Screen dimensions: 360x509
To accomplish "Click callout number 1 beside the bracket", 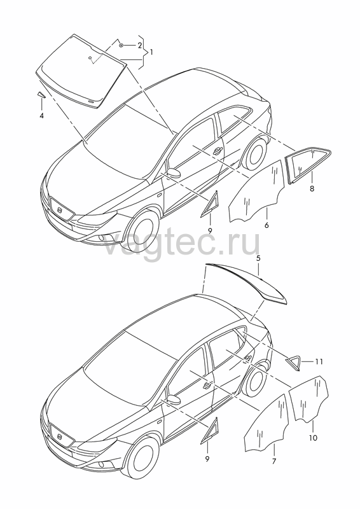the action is click(151, 52).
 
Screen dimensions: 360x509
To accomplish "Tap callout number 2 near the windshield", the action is click(139, 45).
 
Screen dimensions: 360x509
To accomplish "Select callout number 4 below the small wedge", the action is click(41, 115).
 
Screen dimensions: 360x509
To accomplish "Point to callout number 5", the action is click(258, 258).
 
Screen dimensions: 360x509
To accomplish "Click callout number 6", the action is click(267, 225).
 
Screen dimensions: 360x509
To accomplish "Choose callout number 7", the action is click(274, 461).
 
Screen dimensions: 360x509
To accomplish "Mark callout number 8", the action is click(312, 188).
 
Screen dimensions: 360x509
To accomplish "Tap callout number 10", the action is click(313, 438).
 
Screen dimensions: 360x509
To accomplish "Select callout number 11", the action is click(319, 361).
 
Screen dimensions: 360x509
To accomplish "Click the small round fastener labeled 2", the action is click(121, 45).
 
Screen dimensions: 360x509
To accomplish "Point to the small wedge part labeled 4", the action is click(41, 94).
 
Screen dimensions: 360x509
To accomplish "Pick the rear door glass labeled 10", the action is click(309, 400).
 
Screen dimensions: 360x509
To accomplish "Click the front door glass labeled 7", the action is click(267, 422).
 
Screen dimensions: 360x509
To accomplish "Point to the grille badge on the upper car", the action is click(60, 210).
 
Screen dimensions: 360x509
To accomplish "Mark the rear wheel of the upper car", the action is click(256, 153).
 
